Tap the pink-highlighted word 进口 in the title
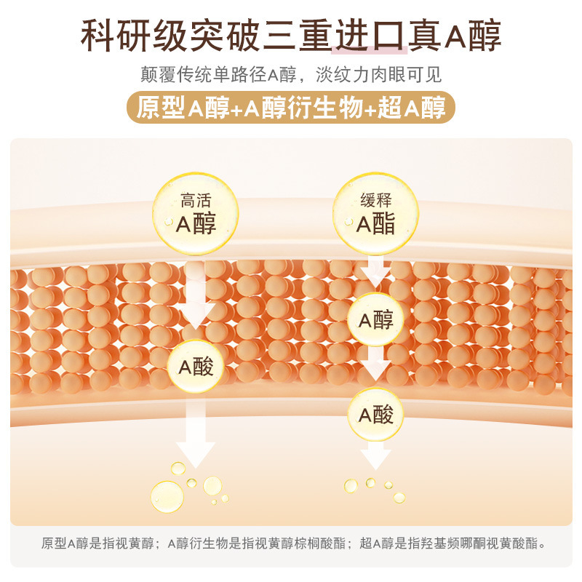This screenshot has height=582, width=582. [x=369, y=34]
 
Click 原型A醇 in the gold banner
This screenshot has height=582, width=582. [x=172, y=107]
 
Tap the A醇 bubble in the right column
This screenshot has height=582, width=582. [x=375, y=319]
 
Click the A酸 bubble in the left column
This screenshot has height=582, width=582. [x=196, y=367]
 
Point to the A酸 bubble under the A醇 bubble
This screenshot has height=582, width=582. [x=375, y=415]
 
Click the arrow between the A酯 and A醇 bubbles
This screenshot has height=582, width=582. [x=375, y=273]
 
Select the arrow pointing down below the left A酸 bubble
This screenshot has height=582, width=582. [x=195, y=436]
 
